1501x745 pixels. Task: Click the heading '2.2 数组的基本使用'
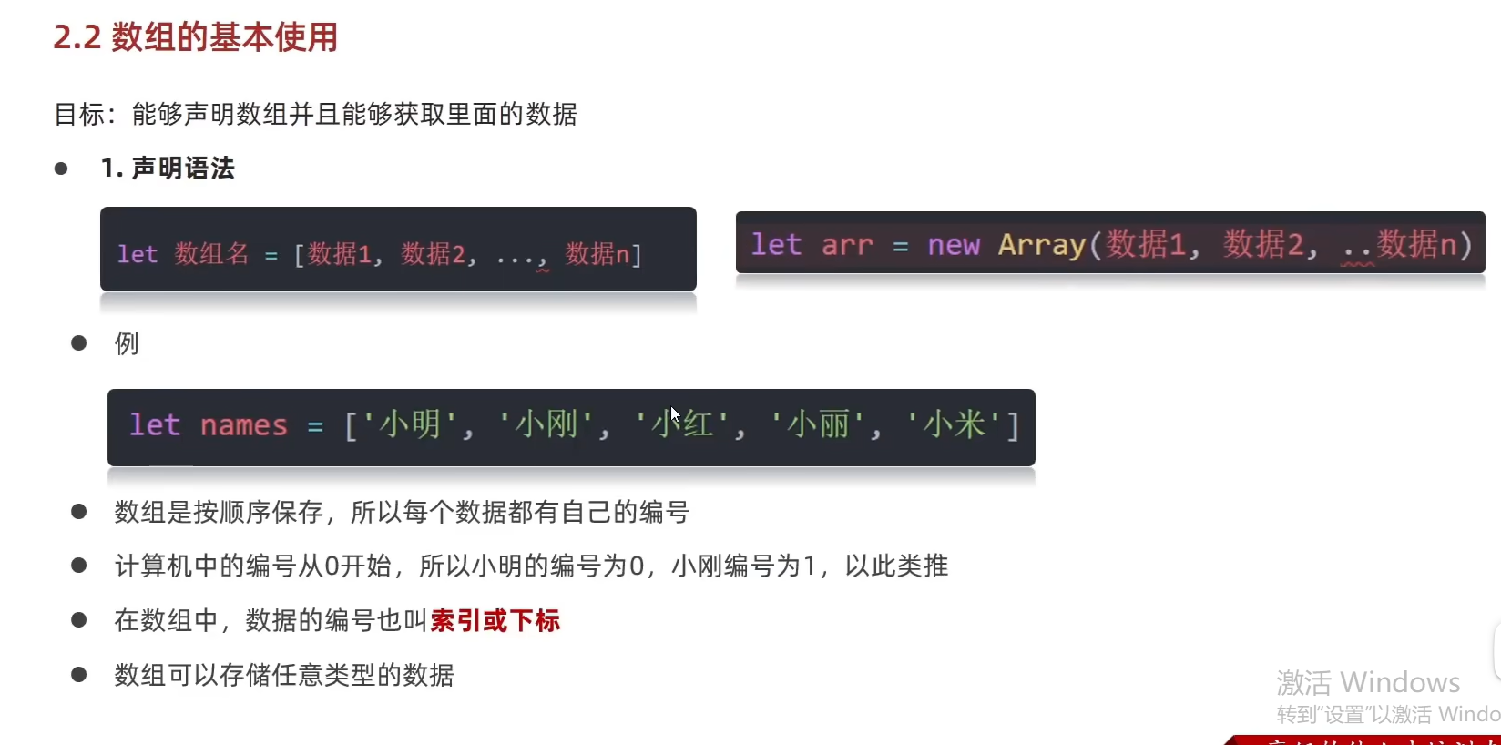(195, 37)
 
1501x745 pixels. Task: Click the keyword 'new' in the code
(954, 245)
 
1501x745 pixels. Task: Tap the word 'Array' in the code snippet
(1042, 245)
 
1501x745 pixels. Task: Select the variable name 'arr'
(847, 245)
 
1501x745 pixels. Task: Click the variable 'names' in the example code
(243, 425)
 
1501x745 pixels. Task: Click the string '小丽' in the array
(818, 425)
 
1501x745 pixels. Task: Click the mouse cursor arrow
(674, 414)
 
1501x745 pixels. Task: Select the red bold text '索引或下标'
(495, 621)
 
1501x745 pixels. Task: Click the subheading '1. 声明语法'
(168, 168)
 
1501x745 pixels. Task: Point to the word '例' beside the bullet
(127, 343)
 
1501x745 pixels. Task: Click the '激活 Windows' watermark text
(1368, 682)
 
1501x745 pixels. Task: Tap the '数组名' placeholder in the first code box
(211, 254)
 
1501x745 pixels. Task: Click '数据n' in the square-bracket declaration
(597, 254)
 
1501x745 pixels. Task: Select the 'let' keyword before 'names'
(155, 425)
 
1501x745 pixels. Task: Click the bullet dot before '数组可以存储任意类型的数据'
(79, 675)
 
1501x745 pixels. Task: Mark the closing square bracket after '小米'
(1012, 425)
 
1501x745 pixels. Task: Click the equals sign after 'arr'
(900, 246)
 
